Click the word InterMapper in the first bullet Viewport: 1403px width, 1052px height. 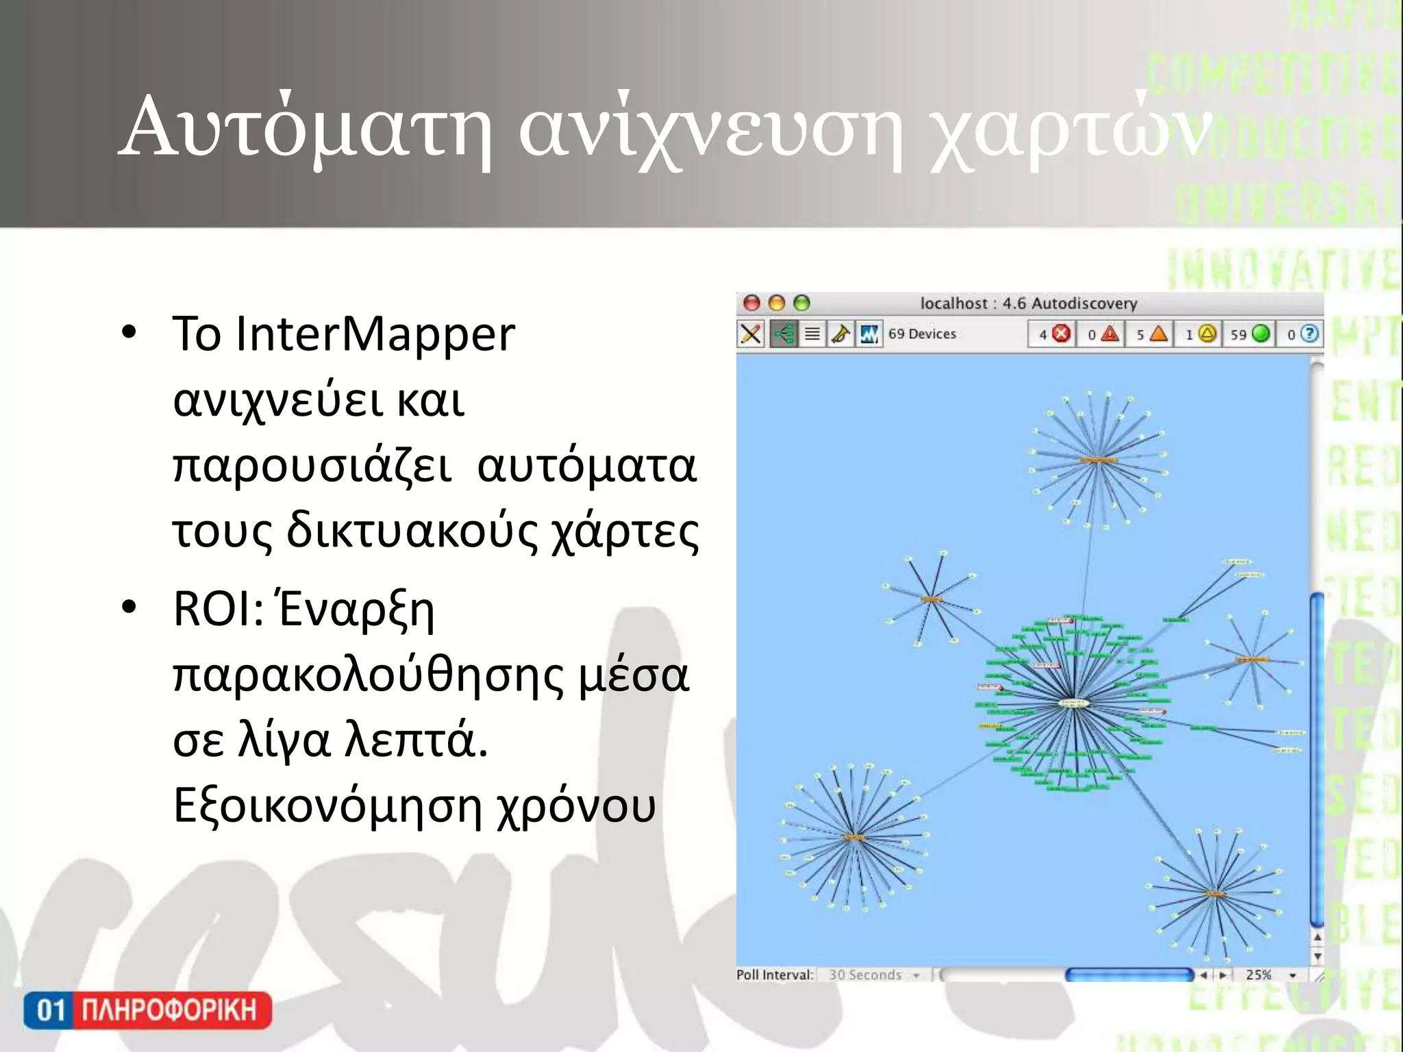point(375,334)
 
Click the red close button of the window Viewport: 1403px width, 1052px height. point(752,303)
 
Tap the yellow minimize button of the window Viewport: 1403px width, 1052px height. point(777,303)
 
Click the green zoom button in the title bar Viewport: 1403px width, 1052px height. point(802,303)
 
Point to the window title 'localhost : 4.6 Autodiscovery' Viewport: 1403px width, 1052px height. point(1028,303)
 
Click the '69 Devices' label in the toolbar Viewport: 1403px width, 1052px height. point(922,334)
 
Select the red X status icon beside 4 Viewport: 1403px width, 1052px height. point(1061,334)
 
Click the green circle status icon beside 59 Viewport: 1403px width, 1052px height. point(1261,334)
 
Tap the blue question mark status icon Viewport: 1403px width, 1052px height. point(1309,334)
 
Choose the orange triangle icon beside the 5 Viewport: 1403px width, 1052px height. point(1158,334)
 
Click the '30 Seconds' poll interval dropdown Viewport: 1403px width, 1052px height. point(873,975)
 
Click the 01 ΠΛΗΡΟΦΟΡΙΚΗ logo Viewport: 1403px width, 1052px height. point(147,1010)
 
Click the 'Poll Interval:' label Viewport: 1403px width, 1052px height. point(775,975)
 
